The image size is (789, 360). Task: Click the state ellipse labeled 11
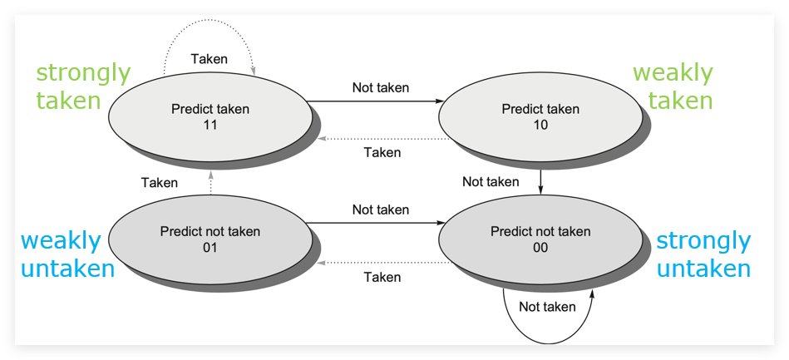coord(210,116)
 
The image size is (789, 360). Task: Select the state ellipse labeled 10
coord(540,116)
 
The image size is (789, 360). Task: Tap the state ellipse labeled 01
coord(210,239)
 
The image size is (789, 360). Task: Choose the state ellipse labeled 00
coord(540,239)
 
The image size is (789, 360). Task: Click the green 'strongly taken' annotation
coord(83,86)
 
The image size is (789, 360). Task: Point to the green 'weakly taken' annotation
coord(673,86)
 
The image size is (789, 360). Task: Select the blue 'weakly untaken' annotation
coord(67,254)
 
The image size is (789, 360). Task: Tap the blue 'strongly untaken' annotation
coord(703,254)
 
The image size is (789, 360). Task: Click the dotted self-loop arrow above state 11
coord(210,20)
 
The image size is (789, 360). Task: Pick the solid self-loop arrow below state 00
coord(547,344)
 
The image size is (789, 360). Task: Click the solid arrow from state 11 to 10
coord(376,101)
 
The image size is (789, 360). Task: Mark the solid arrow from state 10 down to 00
coord(540,182)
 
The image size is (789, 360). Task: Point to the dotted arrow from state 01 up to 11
coord(211,182)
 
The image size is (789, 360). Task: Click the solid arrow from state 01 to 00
coord(376,223)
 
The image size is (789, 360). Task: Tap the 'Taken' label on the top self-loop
coord(210,59)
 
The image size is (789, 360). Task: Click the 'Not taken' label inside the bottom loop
coord(547,307)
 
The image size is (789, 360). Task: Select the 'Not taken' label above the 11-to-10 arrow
coord(381,87)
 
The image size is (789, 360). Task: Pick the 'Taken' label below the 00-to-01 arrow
coord(382,277)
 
